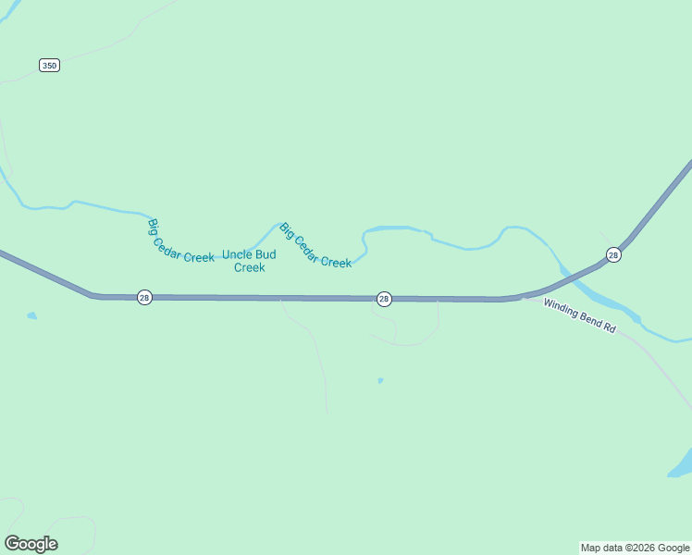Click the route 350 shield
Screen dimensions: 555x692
(x=50, y=65)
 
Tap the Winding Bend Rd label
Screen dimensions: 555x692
(x=580, y=315)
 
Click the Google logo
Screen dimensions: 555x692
(x=31, y=543)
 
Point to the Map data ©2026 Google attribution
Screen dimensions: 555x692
(x=636, y=548)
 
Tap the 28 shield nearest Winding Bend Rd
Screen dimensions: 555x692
(x=613, y=254)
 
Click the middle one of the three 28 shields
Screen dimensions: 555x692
(x=384, y=298)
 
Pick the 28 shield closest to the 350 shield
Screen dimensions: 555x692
(x=144, y=297)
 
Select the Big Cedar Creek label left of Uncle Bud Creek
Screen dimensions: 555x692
(x=180, y=241)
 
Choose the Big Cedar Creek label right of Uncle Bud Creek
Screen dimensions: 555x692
(x=315, y=246)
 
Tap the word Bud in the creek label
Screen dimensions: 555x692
(x=266, y=254)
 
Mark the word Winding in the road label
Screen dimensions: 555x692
(x=561, y=308)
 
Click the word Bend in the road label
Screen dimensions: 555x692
(x=590, y=319)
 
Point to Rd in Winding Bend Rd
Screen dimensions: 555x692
(x=610, y=327)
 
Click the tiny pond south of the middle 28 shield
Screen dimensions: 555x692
(x=380, y=380)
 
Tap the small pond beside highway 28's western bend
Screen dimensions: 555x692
(x=32, y=315)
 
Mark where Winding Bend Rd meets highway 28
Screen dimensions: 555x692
(x=524, y=297)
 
